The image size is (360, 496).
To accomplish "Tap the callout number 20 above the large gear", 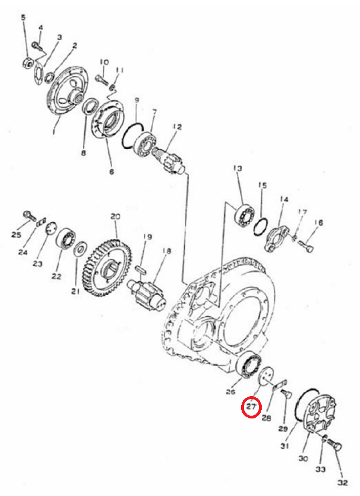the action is [116, 216].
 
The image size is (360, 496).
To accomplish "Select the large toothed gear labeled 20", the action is [108, 268].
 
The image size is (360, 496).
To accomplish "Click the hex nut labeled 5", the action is [27, 62].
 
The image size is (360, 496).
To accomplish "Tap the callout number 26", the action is [231, 392].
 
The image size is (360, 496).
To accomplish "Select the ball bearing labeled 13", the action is [244, 216].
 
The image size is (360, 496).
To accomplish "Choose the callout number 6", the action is [112, 172].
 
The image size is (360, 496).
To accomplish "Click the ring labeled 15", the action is [261, 227].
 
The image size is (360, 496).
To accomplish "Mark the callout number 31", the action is [285, 446].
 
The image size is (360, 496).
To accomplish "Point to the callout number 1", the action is [54, 130].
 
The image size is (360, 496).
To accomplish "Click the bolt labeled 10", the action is [102, 79].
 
